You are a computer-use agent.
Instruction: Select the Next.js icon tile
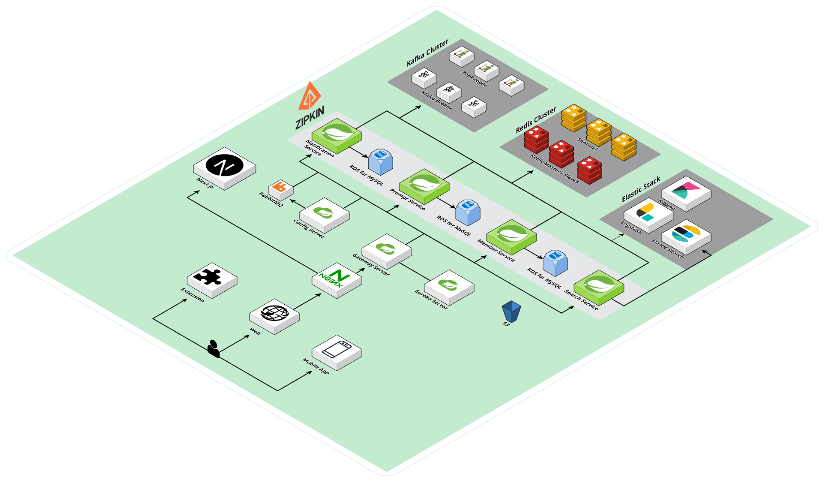[x=224, y=167]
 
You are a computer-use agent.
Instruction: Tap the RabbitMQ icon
[x=281, y=188]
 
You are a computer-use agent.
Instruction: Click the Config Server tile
[x=324, y=214]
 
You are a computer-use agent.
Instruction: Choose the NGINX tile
[x=337, y=279]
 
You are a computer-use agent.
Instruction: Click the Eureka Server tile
[x=449, y=286]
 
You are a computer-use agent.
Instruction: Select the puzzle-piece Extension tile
[x=212, y=279]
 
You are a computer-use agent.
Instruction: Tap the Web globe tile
[x=274, y=315]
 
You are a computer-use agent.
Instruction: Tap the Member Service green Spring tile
[x=511, y=235]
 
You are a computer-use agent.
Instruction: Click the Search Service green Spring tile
[x=598, y=286]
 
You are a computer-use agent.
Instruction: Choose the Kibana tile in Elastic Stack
[x=686, y=192]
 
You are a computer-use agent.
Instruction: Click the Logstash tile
[x=649, y=214]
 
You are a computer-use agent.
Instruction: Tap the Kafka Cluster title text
[x=427, y=53]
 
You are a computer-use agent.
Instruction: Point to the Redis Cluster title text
[x=536, y=119]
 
